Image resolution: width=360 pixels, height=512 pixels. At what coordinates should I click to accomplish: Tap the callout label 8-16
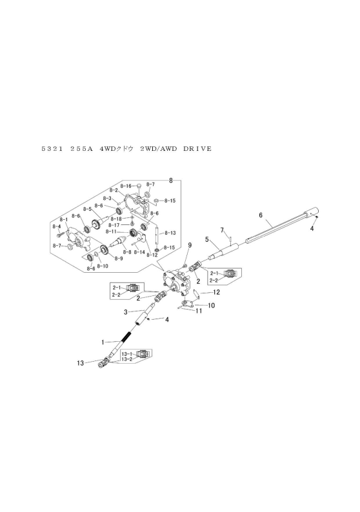(x=126, y=185)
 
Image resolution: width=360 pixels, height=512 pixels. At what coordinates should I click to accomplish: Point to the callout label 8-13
(x=170, y=232)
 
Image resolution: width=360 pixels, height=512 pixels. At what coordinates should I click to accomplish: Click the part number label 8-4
(x=56, y=226)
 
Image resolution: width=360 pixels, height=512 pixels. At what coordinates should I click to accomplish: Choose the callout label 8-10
(x=102, y=265)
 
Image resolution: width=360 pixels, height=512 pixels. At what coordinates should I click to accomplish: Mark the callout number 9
(x=190, y=245)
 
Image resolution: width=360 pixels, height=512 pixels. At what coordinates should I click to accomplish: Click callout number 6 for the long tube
(x=260, y=214)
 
